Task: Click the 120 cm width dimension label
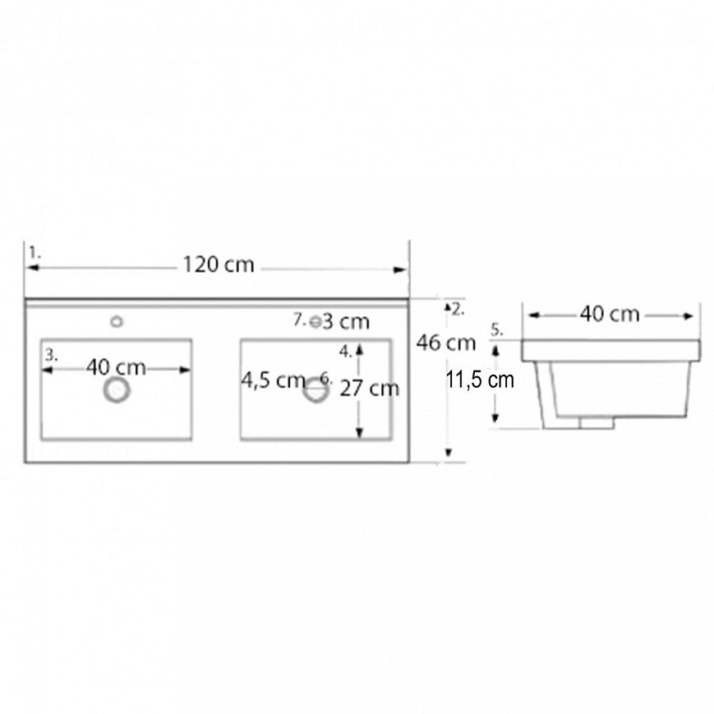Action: pos(218,265)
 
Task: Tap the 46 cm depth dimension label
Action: pos(446,343)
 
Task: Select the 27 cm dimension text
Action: pos(369,389)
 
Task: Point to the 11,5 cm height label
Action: pos(480,380)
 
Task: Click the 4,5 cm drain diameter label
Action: pos(273,380)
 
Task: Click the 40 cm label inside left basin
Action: pos(116,367)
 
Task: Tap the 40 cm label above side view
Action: pos(610,314)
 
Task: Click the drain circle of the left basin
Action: pos(117,390)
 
